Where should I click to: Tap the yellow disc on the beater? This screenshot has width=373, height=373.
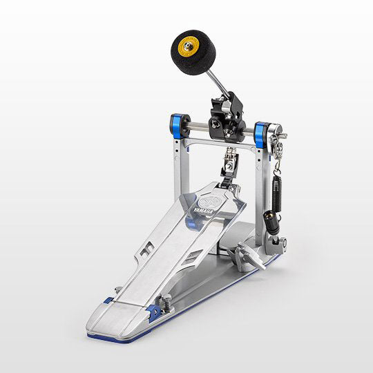(189, 47)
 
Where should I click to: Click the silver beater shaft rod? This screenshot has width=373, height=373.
(218, 84)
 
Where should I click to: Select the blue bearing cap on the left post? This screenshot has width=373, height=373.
(178, 126)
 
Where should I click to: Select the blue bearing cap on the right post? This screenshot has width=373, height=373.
(261, 134)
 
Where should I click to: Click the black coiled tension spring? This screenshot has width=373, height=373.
(276, 193)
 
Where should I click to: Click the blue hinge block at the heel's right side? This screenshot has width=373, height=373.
(153, 312)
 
